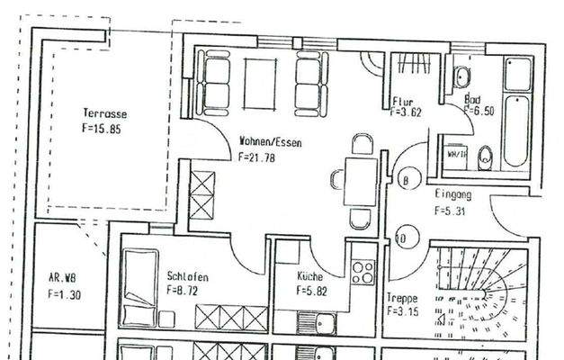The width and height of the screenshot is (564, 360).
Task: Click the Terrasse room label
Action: point(103,113)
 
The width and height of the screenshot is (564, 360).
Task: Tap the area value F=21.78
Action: point(256,157)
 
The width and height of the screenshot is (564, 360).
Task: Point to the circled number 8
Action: point(406,180)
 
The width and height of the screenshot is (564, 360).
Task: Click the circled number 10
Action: point(400,238)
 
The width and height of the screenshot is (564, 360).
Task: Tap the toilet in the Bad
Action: point(485,157)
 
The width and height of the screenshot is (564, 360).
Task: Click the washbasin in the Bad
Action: point(461,76)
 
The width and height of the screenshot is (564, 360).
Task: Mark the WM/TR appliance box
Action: point(454,155)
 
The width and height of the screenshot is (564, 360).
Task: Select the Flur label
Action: point(402,101)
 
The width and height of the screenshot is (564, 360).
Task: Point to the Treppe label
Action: point(401,298)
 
